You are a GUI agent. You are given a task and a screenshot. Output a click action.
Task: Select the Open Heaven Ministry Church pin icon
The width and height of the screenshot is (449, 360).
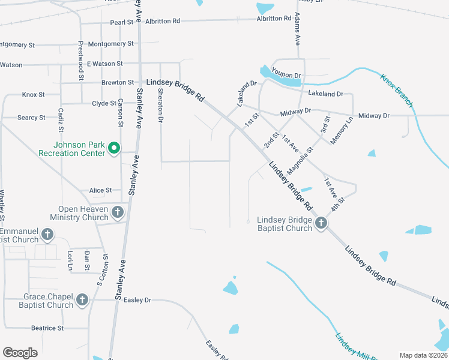click(117, 212)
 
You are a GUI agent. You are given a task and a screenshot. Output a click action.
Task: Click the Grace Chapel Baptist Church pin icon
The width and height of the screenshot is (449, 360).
click(82, 299)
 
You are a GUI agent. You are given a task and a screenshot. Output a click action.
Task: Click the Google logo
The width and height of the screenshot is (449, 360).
click(20, 353)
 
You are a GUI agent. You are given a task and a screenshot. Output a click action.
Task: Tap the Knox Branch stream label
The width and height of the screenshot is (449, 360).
click(396, 91)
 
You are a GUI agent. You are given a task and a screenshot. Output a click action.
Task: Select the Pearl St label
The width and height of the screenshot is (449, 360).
click(121, 23)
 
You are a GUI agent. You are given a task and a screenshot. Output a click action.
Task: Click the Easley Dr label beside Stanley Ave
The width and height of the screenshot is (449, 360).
click(137, 300)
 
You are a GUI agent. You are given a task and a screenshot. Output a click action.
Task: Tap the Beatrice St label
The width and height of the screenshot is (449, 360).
click(47, 328)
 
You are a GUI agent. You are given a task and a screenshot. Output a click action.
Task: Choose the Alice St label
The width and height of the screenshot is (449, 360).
click(100, 190)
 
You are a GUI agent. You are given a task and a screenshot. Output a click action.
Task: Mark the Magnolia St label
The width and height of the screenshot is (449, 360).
click(301, 161)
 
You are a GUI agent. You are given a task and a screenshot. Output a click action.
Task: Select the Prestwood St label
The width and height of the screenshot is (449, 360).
click(80, 61)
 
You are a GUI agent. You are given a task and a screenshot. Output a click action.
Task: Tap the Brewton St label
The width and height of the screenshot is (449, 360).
click(118, 82)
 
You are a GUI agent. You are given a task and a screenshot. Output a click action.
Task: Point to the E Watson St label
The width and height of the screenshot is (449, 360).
click(104, 63)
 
